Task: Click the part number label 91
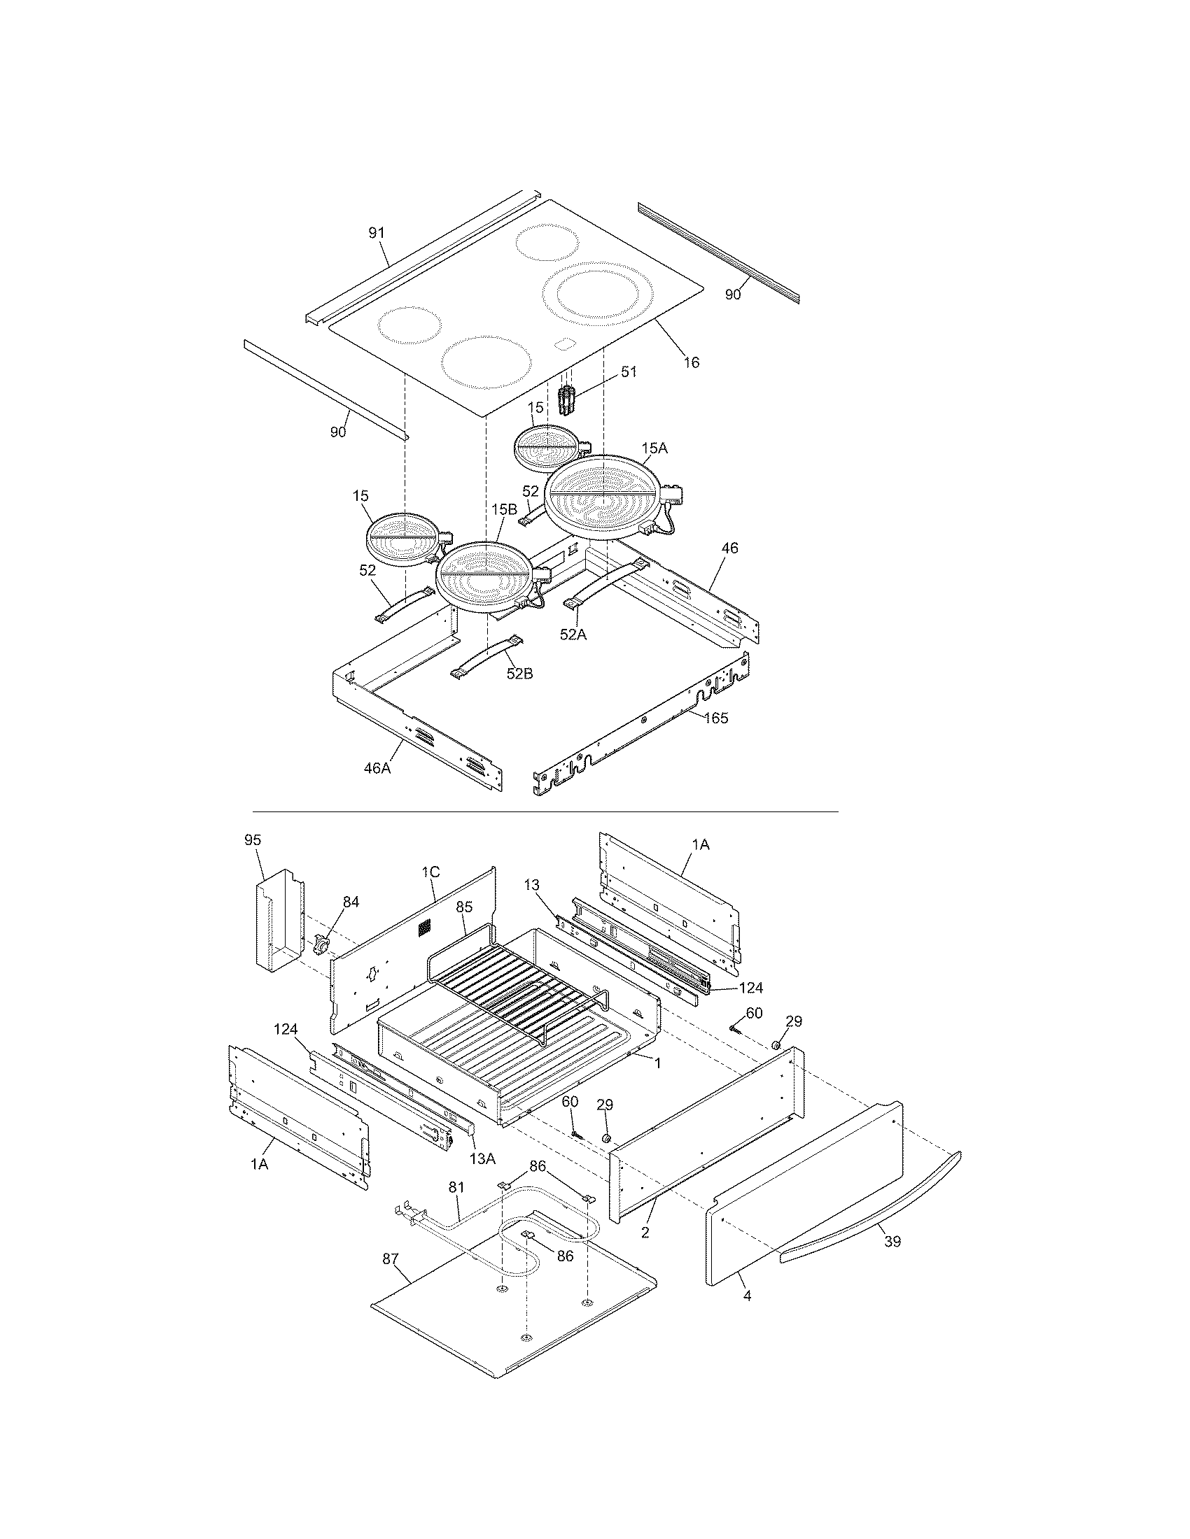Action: [377, 233]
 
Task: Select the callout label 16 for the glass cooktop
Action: [692, 362]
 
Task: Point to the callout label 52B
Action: [519, 674]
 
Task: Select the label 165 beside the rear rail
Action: [715, 718]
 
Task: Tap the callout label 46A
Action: [377, 767]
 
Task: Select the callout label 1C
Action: [430, 872]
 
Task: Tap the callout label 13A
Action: [482, 1158]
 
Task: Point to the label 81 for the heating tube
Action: [457, 1187]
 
